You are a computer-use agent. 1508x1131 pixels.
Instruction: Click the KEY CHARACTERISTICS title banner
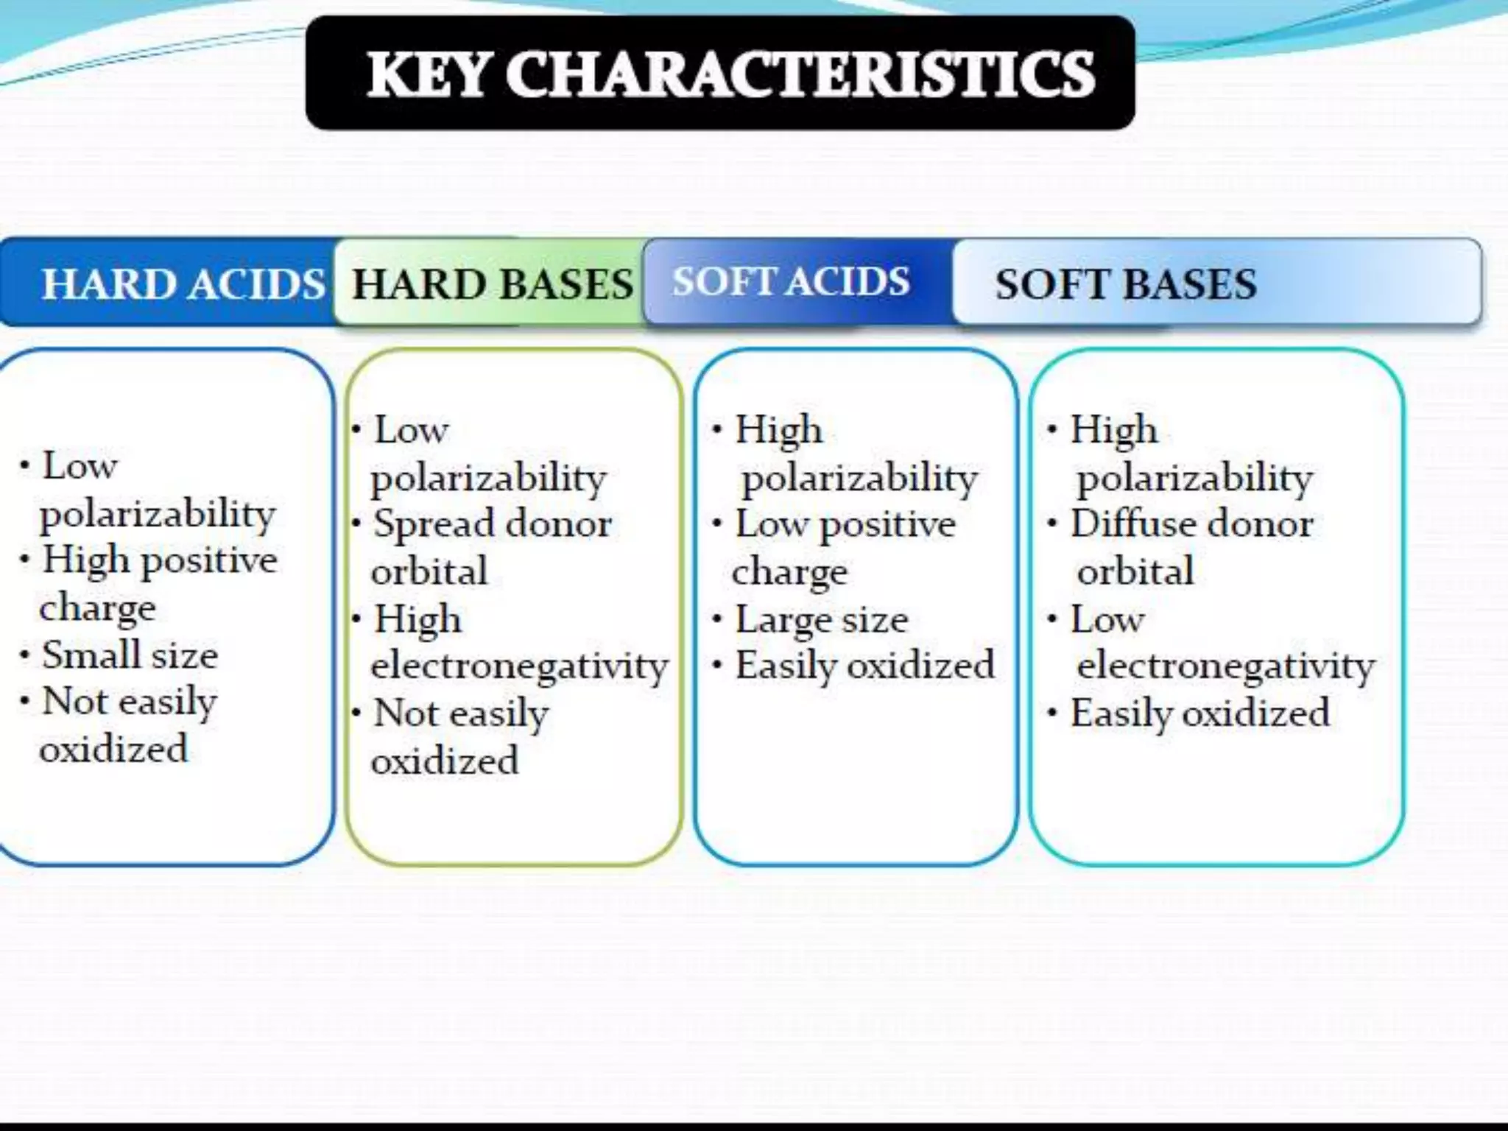coord(720,74)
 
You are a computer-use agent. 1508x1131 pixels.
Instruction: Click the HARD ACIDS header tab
coord(182,284)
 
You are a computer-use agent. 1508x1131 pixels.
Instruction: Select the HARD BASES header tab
coord(492,284)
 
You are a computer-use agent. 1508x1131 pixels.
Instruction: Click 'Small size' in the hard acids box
coord(130,655)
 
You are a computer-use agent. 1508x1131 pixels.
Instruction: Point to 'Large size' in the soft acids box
coord(821,619)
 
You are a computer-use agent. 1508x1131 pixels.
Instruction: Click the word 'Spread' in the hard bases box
coord(434,524)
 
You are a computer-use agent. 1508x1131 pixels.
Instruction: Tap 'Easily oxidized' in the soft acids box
coord(864,666)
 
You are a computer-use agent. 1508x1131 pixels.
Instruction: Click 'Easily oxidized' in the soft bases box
coord(1199,713)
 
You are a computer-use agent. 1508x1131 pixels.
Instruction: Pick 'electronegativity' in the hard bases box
coord(519,666)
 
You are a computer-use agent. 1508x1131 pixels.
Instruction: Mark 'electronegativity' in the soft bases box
coord(1225,666)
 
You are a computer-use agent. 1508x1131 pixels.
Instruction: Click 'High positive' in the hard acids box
coord(159,560)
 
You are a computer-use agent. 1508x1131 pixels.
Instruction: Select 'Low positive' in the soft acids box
coord(845,525)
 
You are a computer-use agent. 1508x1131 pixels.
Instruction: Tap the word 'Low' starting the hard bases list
coord(411,429)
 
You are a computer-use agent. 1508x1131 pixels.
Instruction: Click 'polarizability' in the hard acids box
coord(158,513)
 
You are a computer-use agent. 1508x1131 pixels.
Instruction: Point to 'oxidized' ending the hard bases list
coord(445,761)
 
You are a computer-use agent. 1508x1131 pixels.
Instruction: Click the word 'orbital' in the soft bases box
coord(1135,571)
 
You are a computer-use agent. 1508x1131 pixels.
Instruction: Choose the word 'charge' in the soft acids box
coord(789,572)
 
